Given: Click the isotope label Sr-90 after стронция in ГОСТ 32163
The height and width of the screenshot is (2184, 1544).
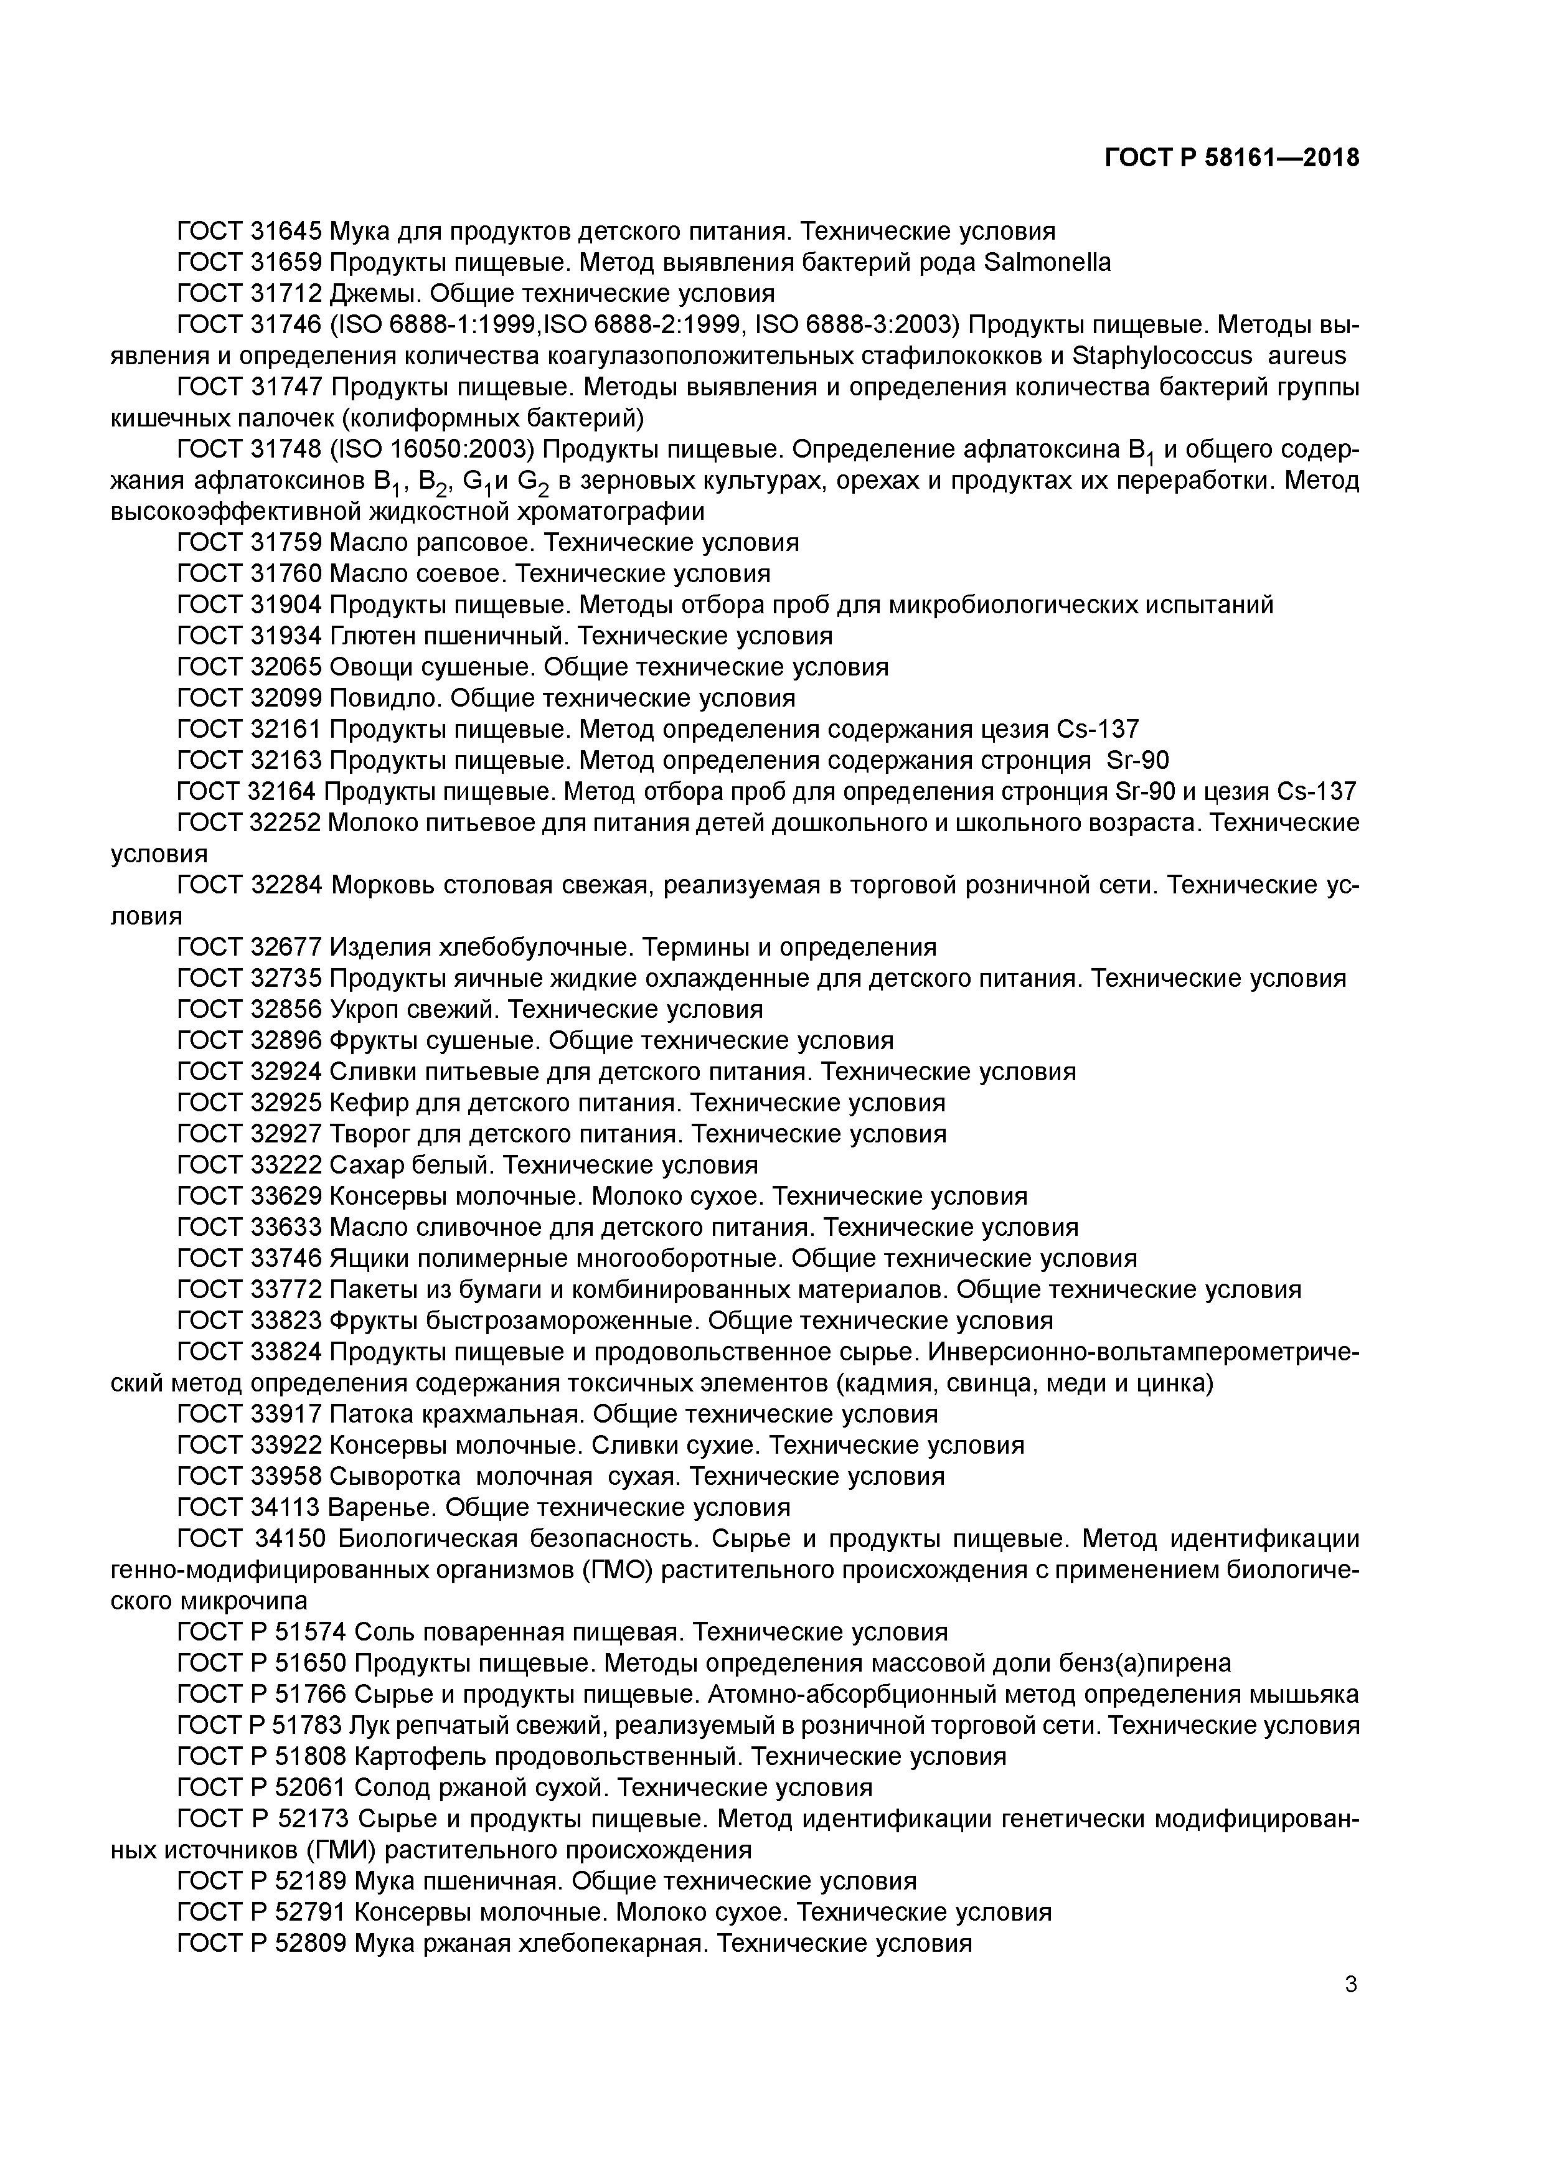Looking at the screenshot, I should coord(1139,760).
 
